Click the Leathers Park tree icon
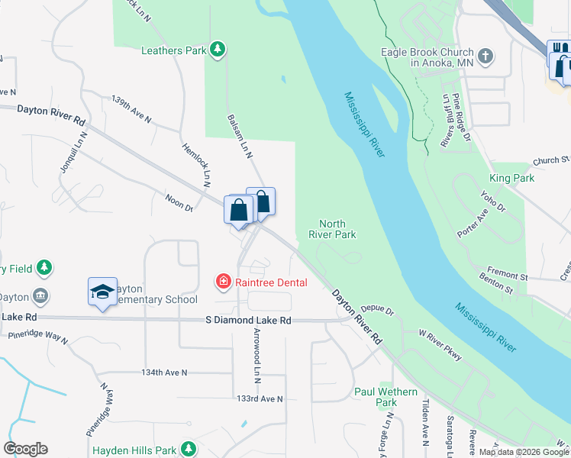tap(218, 50)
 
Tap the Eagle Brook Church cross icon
tap(485, 56)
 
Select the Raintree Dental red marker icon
tap(224, 282)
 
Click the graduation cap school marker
tap(102, 292)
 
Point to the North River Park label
tap(332, 229)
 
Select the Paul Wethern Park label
tap(386, 397)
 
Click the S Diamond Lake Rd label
tap(249, 321)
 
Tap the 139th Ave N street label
tap(131, 110)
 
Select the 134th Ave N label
tap(164, 373)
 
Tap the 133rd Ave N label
tap(260, 398)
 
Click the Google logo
tap(25, 449)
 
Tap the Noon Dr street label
tap(179, 202)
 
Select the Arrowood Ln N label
tap(257, 356)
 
